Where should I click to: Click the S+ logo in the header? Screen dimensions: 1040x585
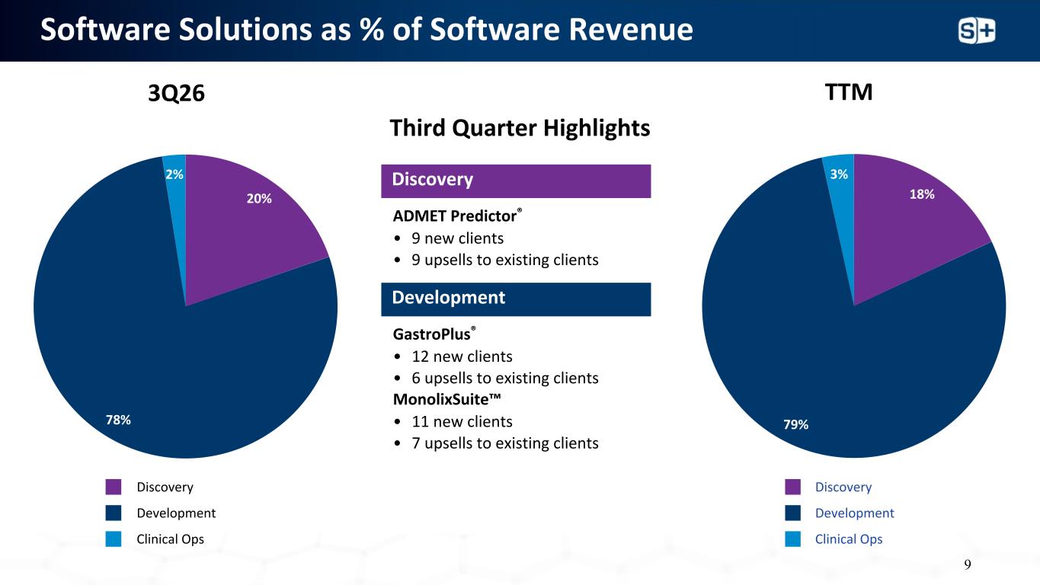[x=977, y=31]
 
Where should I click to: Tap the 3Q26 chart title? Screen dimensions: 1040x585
[x=176, y=94]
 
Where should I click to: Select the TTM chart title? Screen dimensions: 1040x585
[x=849, y=92]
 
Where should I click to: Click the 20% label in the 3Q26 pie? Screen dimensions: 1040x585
[x=259, y=199]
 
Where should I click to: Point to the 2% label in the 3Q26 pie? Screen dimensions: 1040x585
[x=174, y=174]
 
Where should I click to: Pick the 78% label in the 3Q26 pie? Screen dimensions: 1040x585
[x=118, y=420]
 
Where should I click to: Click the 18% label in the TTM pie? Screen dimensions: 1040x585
[x=922, y=194]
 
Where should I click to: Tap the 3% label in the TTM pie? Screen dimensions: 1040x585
[x=839, y=174]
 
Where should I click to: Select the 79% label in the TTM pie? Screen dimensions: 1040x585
[x=795, y=424]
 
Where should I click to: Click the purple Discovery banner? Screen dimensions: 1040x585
[x=516, y=181]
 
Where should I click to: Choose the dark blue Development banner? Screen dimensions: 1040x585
[x=516, y=299]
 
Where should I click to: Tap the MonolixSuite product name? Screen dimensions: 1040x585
[x=447, y=399]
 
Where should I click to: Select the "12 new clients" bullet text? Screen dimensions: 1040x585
[x=462, y=356]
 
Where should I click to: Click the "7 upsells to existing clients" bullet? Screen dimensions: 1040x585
[x=505, y=443]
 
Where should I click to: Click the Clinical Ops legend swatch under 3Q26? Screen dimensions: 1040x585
[x=114, y=539]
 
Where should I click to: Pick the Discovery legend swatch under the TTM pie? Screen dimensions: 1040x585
[x=793, y=487]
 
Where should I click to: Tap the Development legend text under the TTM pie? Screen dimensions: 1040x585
[x=854, y=513]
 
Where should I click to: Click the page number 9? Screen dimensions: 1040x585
[x=968, y=564]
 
